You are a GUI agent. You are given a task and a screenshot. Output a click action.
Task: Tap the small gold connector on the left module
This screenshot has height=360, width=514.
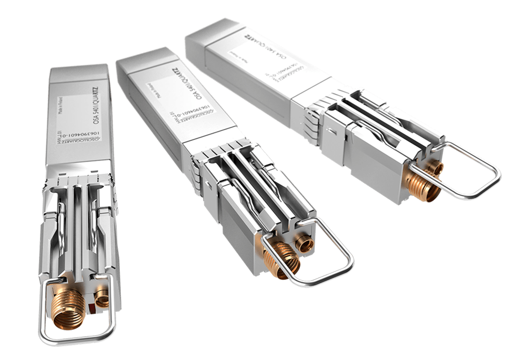point(102,297)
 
